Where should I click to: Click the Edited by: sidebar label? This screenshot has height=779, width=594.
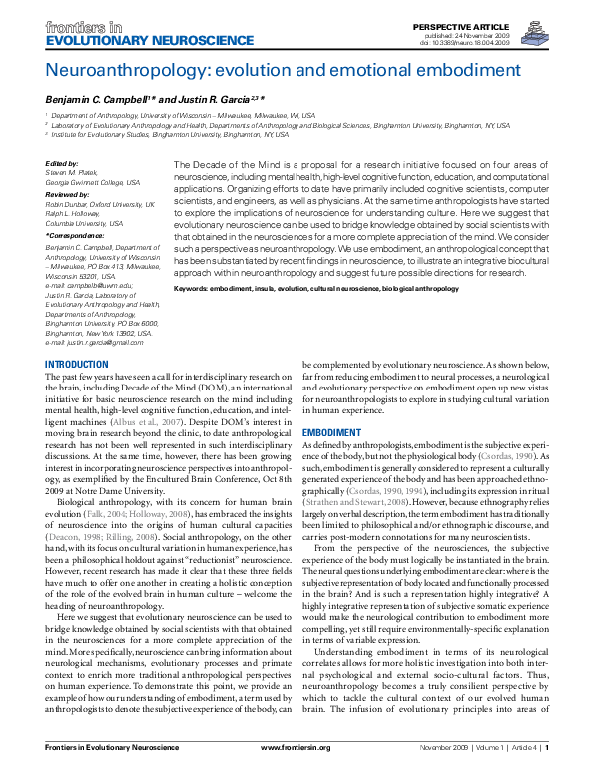[x=62, y=163]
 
